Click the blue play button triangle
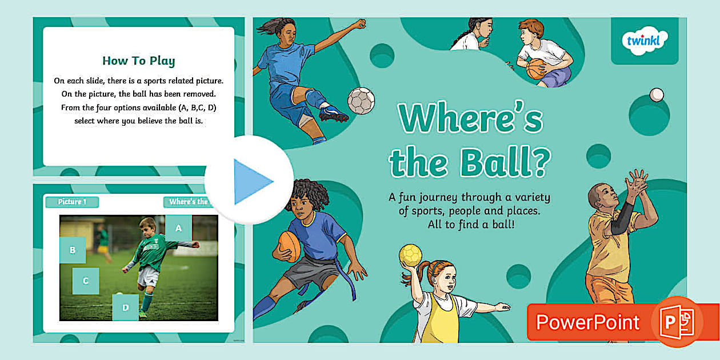coord(251,182)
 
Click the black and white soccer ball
coord(361,101)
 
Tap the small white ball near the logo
coord(657,94)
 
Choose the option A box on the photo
coord(178,228)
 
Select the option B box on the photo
coord(73,250)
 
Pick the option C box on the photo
coord(85,281)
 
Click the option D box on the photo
coord(125,307)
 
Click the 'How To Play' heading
coord(138,61)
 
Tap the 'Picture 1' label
coord(72,202)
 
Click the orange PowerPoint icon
coord(677,322)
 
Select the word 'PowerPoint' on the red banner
coord(587,322)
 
